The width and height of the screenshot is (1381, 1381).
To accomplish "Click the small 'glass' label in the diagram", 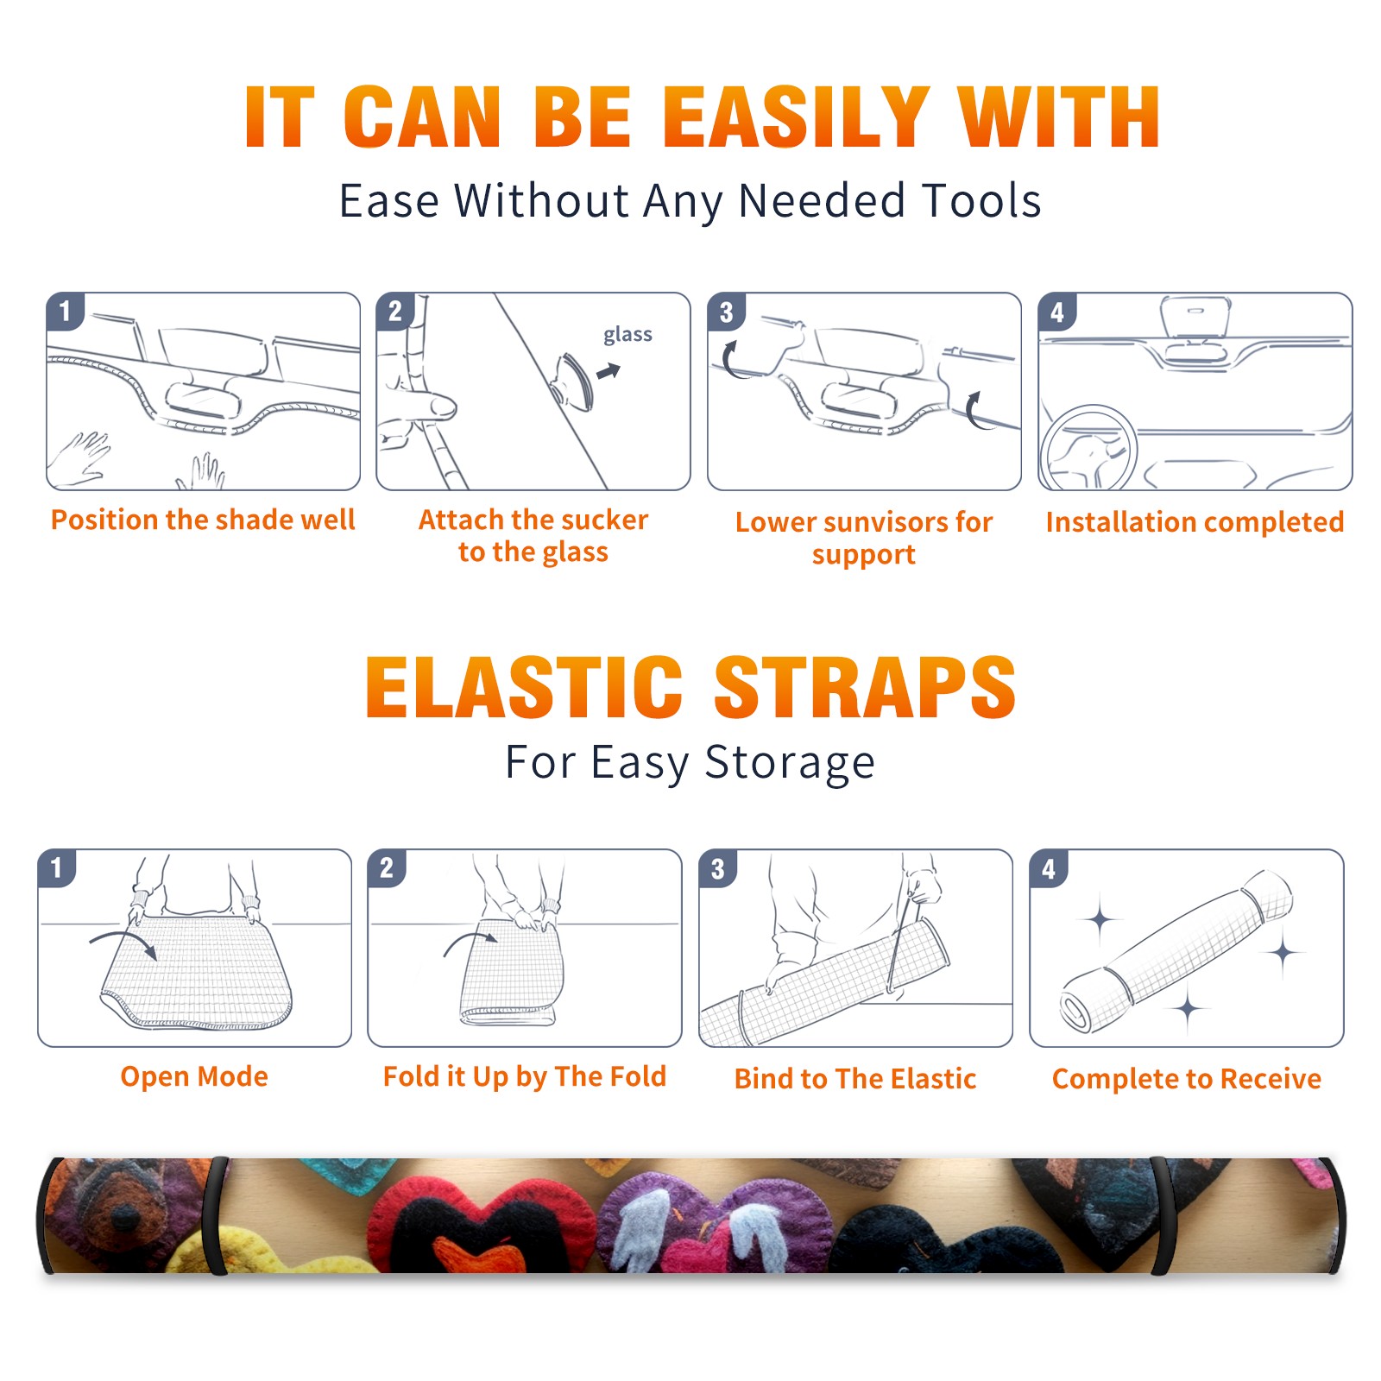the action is [x=627, y=335].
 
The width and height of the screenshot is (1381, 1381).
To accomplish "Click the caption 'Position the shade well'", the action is [x=203, y=520].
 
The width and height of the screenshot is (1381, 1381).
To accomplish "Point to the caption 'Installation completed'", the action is [x=1195, y=522].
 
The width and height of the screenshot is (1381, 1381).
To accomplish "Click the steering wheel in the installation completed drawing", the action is [x=1088, y=449].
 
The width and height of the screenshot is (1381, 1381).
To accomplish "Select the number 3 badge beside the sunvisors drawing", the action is [x=726, y=312].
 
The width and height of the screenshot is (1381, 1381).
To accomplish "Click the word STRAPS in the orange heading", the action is [x=865, y=687].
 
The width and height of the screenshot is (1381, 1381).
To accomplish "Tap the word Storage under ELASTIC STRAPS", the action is [x=790, y=763].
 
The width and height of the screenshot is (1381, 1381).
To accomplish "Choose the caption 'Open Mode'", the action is [x=194, y=1076].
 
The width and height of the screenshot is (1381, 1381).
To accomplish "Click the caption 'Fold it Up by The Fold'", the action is [x=525, y=1077].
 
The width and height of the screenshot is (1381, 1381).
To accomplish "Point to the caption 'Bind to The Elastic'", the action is [x=855, y=1079].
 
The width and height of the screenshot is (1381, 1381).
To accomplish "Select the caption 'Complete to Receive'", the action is [x=1187, y=1079].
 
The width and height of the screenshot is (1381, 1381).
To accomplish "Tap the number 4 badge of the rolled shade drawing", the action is [x=1049, y=868].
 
